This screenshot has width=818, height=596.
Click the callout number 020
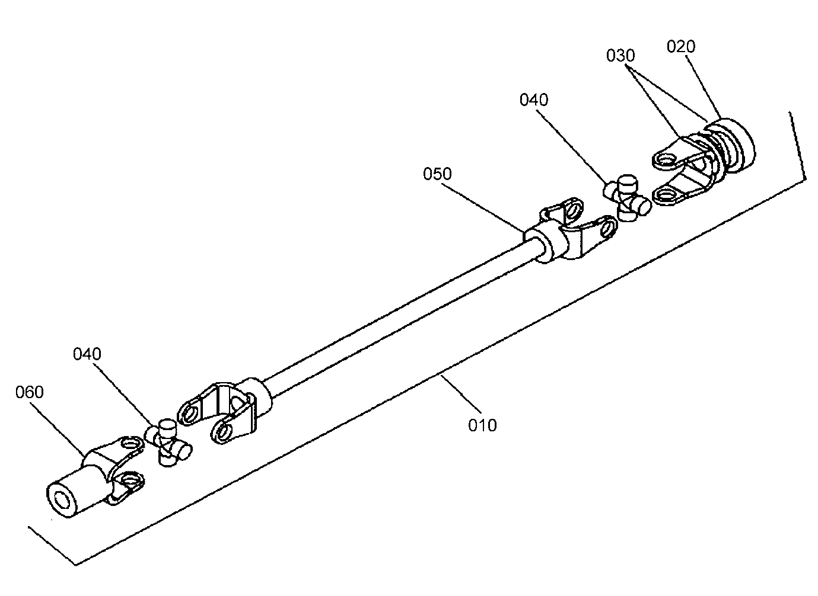[681, 47]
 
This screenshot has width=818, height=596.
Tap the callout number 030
[620, 56]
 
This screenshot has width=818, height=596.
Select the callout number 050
[437, 174]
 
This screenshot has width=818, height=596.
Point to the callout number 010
[482, 425]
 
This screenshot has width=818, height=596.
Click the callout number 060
[30, 392]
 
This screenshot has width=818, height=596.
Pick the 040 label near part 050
[534, 100]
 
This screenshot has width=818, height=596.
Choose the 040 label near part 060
[87, 354]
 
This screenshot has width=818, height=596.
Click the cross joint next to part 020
[626, 198]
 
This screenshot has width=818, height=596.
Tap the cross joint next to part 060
[168, 443]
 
